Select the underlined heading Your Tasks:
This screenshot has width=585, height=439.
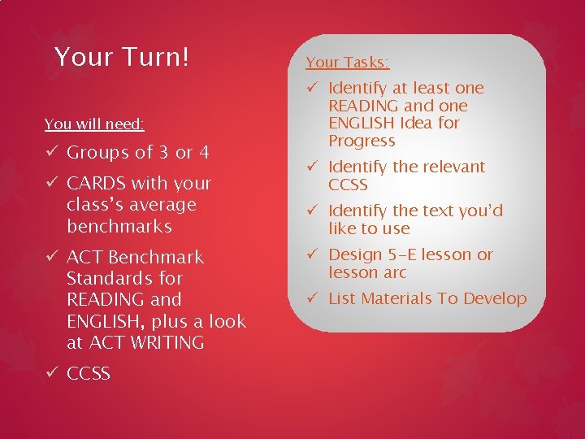click(x=347, y=62)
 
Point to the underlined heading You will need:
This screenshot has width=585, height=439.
click(x=94, y=124)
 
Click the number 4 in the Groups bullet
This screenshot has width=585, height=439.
click(x=204, y=153)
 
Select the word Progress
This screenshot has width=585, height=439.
click(x=362, y=141)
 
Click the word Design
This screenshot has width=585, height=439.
click(x=354, y=254)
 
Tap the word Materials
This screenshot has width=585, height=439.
click(x=396, y=298)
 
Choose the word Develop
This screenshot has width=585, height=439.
click(x=495, y=298)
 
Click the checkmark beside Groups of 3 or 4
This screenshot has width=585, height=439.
click(x=51, y=153)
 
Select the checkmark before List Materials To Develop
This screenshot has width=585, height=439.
click(x=312, y=298)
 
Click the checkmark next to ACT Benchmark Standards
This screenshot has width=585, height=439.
click(x=51, y=258)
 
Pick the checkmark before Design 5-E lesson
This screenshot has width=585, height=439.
click(x=312, y=254)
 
